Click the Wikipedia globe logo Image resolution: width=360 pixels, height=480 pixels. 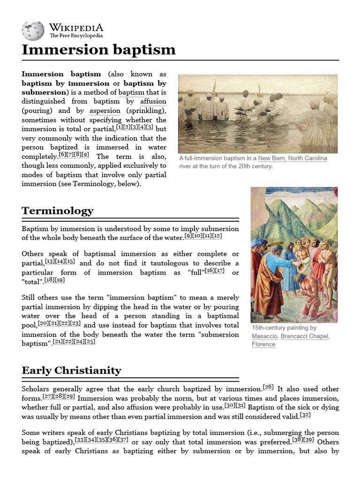pyautogui.click(x=33, y=30)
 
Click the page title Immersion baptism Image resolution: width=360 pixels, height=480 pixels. pyautogui.click(x=98, y=50)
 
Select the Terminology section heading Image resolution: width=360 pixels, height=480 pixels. pyautogui.click(x=58, y=211)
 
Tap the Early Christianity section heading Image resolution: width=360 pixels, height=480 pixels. pyautogui.click(x=71, y=370)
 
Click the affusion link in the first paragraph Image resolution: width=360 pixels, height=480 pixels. pyautogui.click(x=153, y=101)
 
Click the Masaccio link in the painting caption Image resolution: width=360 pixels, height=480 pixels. pyautogui.click(x=265, y=336)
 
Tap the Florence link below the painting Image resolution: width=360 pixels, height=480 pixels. pyautogui.click(x=263, y=344)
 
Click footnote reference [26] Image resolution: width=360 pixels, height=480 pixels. pyautogui.click(x=268, y=387)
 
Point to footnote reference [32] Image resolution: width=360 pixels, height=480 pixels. pyautogui.click(x=305, y=415)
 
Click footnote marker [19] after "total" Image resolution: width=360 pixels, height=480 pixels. pyautogui.click(x=60, y=280)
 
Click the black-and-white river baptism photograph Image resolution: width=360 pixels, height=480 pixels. pyautogui.click(x=257, y=113)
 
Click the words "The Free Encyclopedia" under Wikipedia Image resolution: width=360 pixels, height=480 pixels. pyautogui.click(x=76, y=36)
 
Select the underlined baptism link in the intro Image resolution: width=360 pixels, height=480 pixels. pyautogui.click(x=131, y=92)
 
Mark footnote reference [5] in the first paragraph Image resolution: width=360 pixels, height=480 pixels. pyautogui.click(x=150, y=127)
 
